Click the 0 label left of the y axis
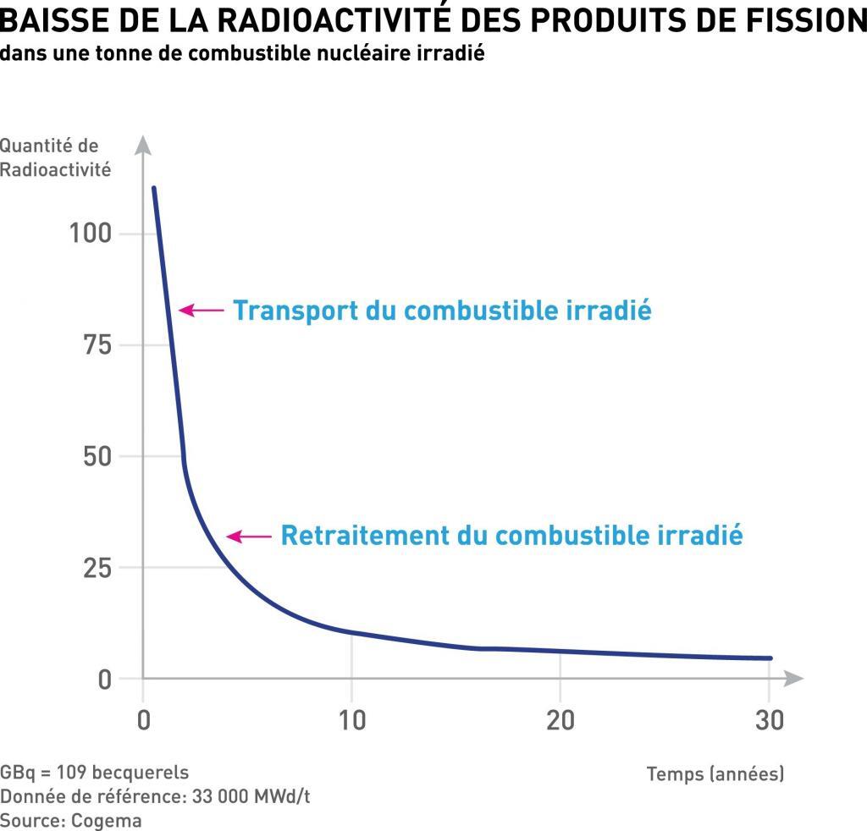(104, 680)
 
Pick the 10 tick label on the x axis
(351, 720)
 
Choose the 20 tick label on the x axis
(560, 720)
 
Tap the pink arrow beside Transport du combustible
(200, 311)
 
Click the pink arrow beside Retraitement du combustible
(246, 536)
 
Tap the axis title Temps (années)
(715, 773)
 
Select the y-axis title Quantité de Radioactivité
(55, 157)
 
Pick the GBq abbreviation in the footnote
(18, 773)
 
